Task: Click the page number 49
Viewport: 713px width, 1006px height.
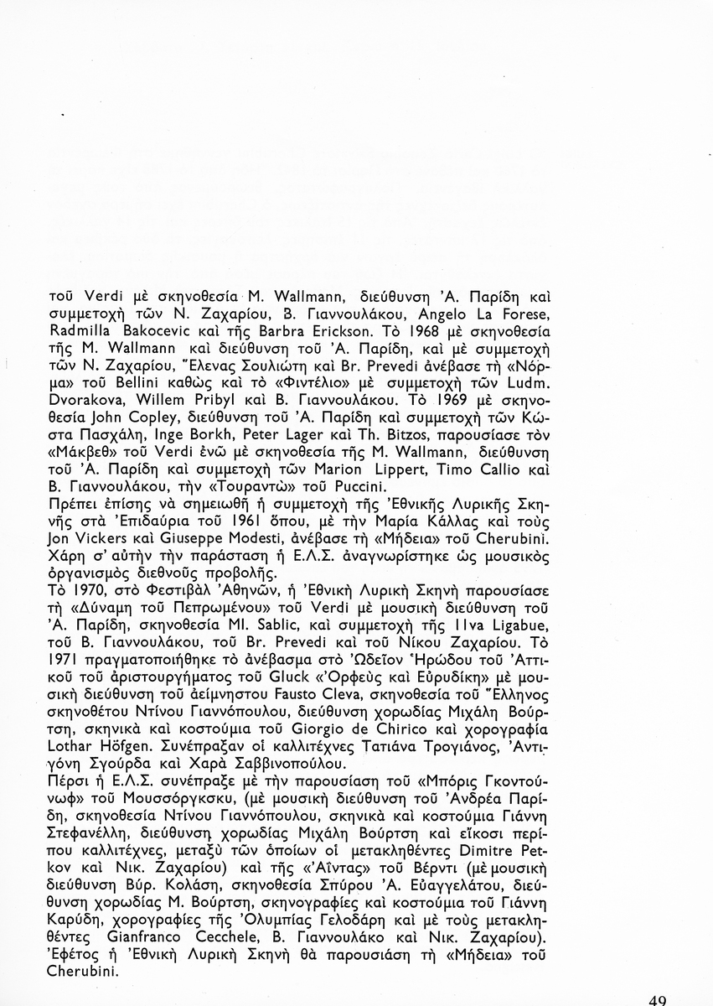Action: coord(658,999)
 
